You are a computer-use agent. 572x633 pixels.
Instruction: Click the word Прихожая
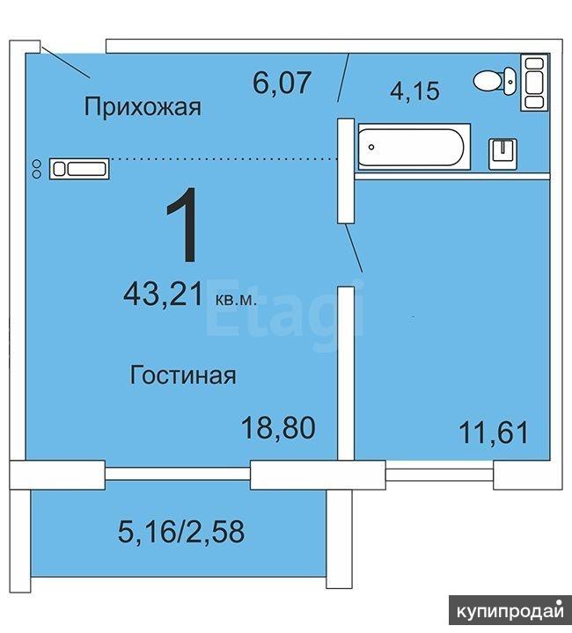click(x=143, y=106)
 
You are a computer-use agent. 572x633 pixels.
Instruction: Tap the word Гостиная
click(x=183, y=375)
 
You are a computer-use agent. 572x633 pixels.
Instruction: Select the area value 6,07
click(x=282, y=83)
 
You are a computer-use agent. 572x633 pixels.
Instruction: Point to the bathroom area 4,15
click(x=414, y=91)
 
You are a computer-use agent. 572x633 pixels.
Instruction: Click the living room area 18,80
click(x=278, y=428)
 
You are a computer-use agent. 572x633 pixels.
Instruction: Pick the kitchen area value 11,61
click(x=494, y=433)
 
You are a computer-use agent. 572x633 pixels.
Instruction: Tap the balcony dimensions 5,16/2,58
click(x=181, y=531)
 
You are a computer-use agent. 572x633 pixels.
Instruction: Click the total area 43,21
click(x=163, y=295)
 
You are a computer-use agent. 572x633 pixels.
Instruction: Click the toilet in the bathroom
click(x=495, y=81)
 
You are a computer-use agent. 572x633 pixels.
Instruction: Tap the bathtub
click(x=414, y=147)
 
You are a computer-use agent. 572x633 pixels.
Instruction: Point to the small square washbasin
click(x=503, y=154)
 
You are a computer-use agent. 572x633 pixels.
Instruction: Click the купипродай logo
click(x=510, y=612)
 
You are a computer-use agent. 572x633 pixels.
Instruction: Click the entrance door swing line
click(x=65, y=62)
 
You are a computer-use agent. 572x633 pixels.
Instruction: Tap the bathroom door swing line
click(x=343, y=77)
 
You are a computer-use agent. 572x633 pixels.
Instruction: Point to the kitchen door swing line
click(x=354, y=248)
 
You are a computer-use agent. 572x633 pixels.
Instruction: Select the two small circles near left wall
click(x=36, y=169)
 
